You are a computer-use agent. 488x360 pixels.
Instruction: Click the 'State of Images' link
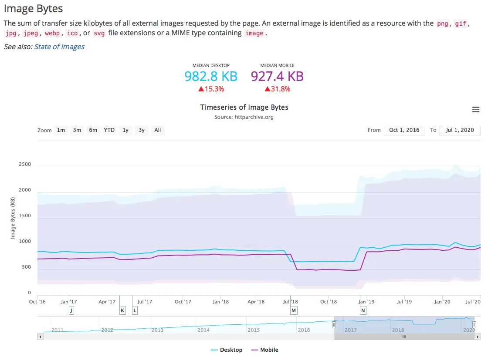click(59, 47)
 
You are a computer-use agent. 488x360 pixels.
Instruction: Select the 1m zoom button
click(61, 130)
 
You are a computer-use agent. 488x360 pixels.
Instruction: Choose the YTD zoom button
click(109, 130)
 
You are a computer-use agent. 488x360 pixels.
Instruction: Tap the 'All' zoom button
click(158, 130)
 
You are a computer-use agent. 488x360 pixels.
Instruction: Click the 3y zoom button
click(142, 130)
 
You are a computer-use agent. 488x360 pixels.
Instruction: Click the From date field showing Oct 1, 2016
click(404, 130)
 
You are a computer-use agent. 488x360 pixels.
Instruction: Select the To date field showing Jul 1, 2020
click(460, 130)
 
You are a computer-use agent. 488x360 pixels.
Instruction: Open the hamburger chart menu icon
click(475, 109)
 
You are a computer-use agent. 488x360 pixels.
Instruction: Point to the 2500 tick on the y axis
click(25, 164)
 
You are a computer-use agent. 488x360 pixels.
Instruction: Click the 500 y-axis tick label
click(27, 267)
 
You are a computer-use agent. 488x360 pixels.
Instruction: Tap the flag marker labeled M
click(294, 310)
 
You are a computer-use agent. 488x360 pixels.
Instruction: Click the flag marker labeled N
click(363, 310)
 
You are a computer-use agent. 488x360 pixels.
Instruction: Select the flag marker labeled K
click(122, 310)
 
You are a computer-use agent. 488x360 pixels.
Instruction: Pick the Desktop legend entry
click(227, 350)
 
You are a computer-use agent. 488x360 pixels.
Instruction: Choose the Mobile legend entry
click(265, 350)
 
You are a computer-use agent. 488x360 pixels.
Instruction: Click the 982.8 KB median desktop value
click(211, 77)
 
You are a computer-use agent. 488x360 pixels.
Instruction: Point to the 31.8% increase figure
click(277, 89)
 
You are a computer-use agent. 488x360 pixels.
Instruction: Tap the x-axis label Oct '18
click(329, 302)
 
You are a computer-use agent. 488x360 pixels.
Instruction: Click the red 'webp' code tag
click(52, 33)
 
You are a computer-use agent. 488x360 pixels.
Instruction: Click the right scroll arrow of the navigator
click(478, 336)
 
